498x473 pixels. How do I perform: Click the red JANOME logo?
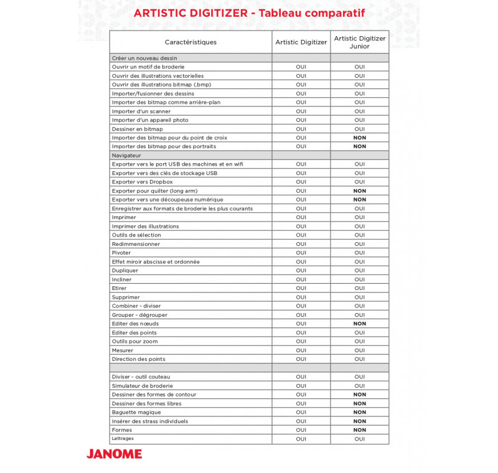(x=114, y=453)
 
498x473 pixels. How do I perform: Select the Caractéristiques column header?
(x=190, y=42)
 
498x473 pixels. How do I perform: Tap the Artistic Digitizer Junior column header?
(x=359, y=42)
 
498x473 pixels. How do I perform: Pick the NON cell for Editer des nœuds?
(x=359, y=324)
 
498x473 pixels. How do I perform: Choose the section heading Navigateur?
(x=126, y=155)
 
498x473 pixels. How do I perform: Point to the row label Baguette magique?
(x=136, y=412)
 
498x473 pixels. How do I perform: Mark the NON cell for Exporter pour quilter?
(x=359, y=191)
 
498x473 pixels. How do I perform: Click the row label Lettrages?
(x=123, y=438)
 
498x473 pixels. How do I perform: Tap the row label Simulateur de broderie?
(x=142, y=386)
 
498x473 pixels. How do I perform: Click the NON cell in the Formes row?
(x=359, y=430)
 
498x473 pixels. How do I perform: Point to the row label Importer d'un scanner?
(x=141, y=111)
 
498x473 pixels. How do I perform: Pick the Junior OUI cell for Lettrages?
(x=359, y=439)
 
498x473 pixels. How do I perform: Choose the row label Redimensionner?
(x=136, y=244)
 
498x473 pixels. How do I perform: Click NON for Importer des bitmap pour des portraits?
(x=359, y=146)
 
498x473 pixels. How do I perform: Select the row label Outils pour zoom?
(x=134, y=341)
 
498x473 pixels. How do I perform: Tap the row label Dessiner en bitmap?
(x=137, y=129)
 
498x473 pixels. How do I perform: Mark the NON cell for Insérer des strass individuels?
(x=359, y=421)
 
